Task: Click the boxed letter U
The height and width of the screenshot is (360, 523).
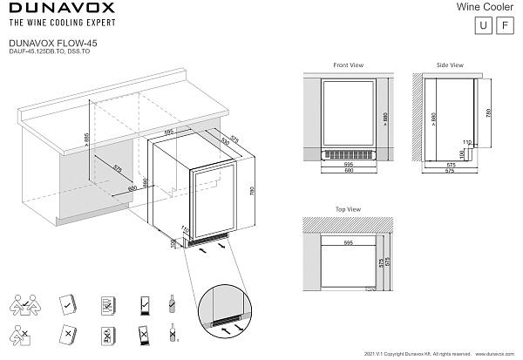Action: pos(481,25)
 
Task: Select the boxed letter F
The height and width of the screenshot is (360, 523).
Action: pos(503,25)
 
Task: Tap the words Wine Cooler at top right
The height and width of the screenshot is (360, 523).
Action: pos(487,7)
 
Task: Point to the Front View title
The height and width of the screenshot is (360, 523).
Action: pos(348,65)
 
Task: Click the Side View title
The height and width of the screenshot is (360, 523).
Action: pos(450,65)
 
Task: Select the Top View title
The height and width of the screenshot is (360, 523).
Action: pos(347,209)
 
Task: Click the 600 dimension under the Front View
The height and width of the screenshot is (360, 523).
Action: pos(348,170)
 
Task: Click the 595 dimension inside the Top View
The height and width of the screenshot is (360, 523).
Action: pos(348,241)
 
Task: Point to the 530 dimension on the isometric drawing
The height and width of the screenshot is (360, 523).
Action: pos(225,139)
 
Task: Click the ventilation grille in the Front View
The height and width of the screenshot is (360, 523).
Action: pos(348,156)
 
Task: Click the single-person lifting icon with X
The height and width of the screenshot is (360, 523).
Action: pos(24,335)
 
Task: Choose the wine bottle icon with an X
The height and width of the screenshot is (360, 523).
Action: pos(173,335)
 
